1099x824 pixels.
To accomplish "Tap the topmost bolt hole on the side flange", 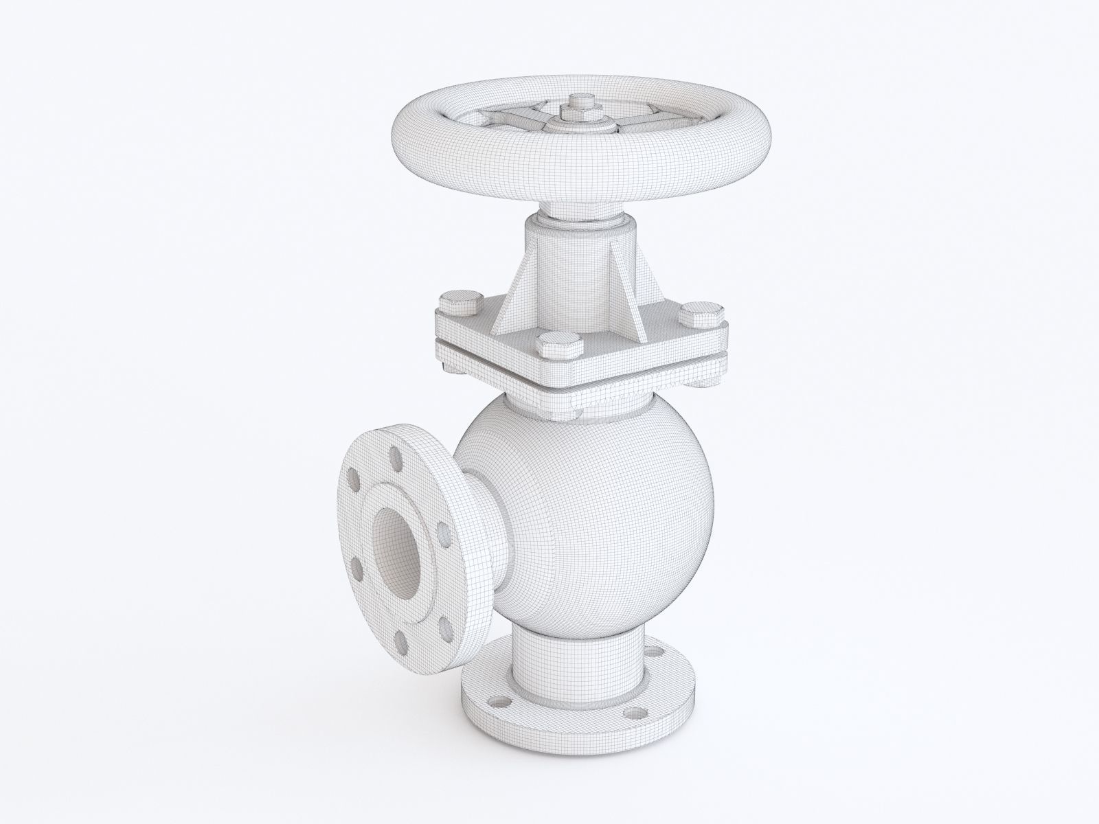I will [x=394, y=455].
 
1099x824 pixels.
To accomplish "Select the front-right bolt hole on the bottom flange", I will [x=630, y=717].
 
